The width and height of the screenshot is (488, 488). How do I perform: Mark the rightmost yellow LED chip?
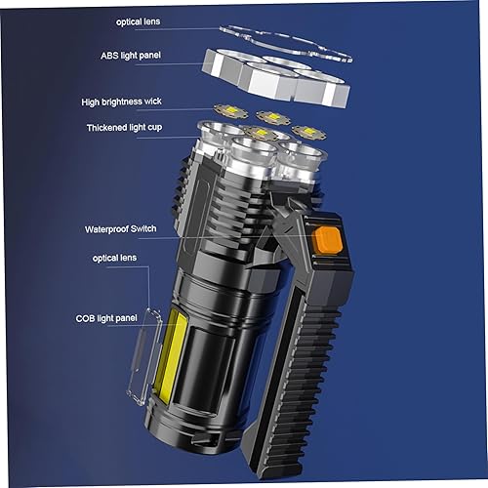309,131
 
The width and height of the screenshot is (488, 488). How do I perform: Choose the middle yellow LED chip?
273,118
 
